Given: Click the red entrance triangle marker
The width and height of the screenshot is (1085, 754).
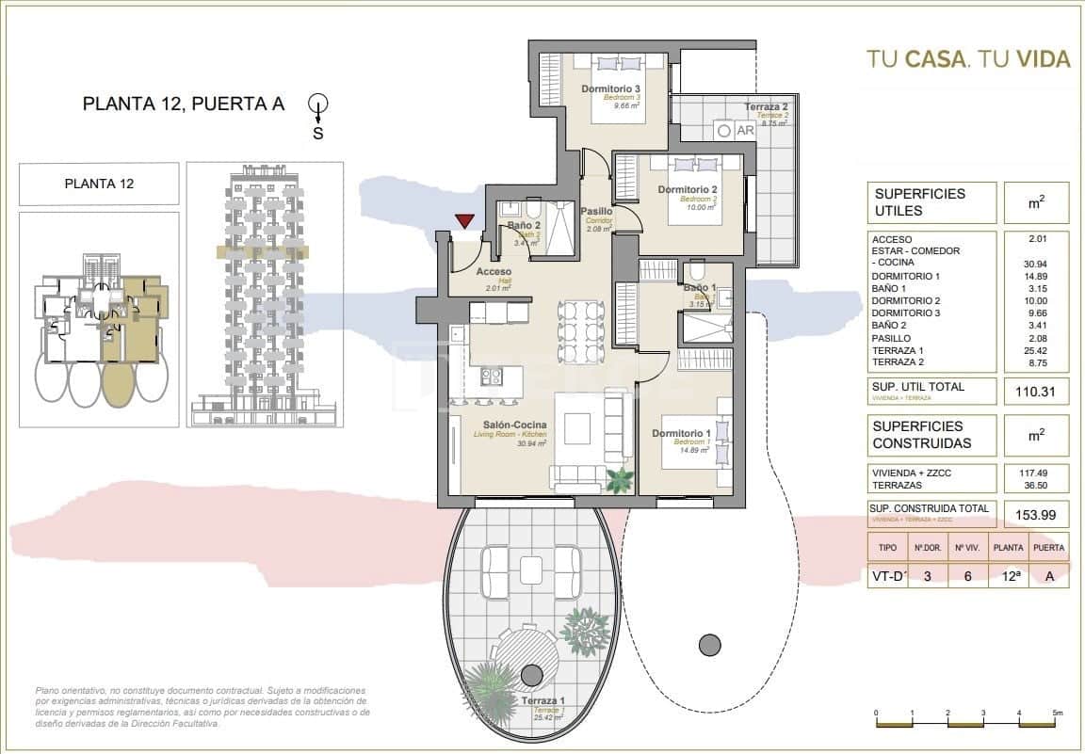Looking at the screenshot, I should click(463, 221).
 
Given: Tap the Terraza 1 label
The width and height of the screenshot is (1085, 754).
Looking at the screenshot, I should click(541, 701).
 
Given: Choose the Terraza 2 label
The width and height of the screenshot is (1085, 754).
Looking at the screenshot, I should click(765, 107).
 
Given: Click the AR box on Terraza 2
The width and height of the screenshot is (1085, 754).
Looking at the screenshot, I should click(744, 131).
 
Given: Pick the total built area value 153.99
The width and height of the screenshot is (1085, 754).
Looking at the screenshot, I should click(1033, 514).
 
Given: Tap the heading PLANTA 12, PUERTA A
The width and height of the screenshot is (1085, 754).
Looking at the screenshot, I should click(184, 104).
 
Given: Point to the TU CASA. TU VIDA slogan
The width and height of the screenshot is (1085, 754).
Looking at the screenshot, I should click(968, 59).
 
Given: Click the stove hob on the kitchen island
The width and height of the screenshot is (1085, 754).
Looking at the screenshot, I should click(492, 377).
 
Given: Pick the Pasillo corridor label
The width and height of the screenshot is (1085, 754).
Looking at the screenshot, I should click(596, 212).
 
